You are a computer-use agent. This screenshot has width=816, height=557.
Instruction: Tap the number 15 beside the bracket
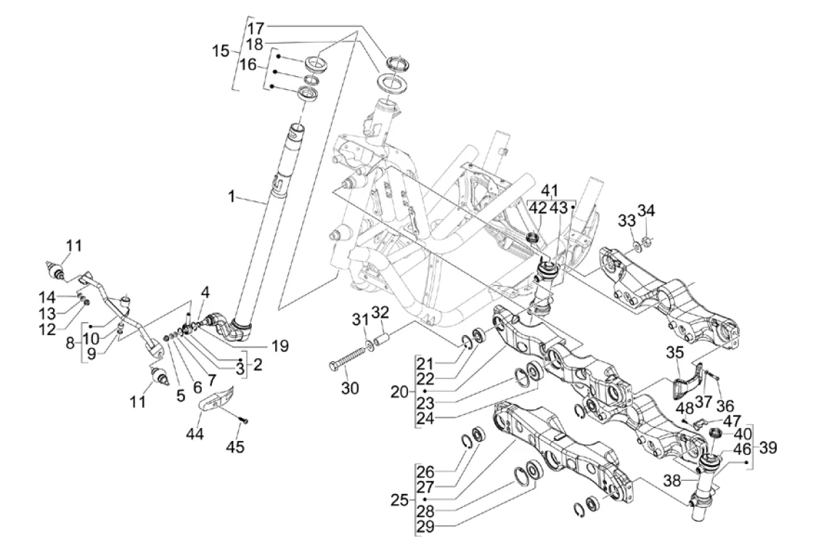(220, 52)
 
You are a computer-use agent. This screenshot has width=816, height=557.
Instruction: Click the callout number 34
(647, 211)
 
